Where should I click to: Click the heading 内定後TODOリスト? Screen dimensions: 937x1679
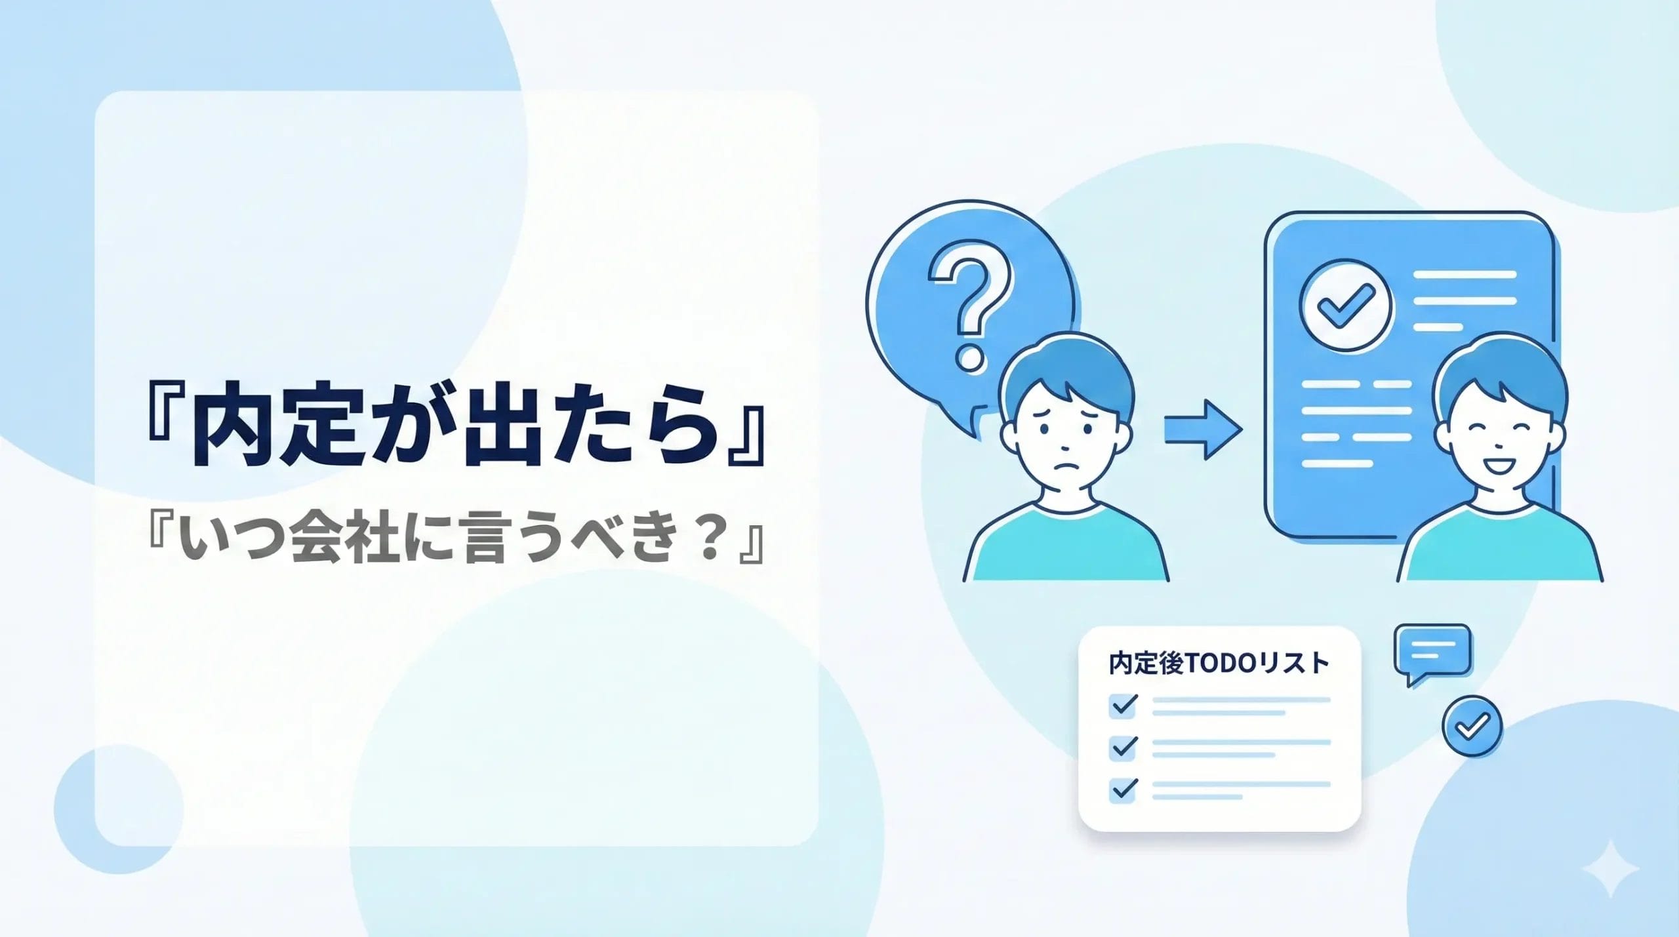point(1219,663)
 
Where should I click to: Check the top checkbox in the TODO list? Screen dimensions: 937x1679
point(1123,706)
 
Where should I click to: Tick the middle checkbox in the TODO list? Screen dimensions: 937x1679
point(1123,747)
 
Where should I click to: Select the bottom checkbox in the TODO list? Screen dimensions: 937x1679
point(1123,788)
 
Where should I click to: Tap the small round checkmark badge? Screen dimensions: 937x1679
point(1472,725)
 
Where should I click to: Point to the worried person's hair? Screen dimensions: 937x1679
point(1066,370)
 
